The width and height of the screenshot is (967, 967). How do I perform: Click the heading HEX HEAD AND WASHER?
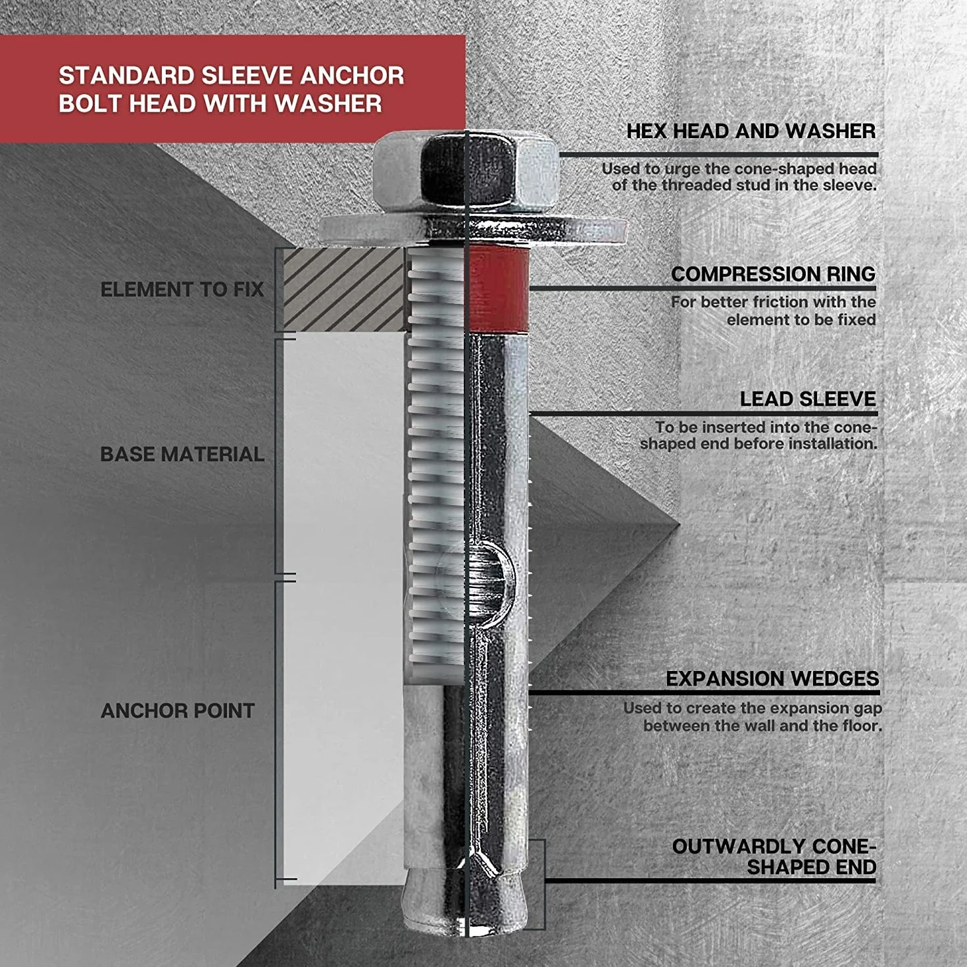[x=751, y=131]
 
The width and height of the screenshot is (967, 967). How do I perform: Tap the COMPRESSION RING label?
[x=774, y=274]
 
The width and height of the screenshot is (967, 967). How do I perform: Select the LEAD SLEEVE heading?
[x=808, y=399]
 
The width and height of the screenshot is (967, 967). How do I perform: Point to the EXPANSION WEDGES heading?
[x=772, y=678]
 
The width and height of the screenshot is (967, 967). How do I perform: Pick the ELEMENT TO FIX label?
[x=182, y=289]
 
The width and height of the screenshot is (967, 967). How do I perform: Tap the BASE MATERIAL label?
[x=182, y=454]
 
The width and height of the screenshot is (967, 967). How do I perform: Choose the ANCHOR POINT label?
[x=178, y=710]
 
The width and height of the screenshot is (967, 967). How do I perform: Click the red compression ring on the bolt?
[x=499, y=290]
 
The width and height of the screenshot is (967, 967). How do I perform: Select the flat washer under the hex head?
[x=473, y=230]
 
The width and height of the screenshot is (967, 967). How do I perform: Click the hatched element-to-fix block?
[x=344, y=290]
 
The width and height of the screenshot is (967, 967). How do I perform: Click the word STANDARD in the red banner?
[x=126, y=76]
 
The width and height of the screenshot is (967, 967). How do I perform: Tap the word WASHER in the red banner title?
[x=328, y=104]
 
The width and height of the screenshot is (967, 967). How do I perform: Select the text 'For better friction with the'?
[x=774, y=302]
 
